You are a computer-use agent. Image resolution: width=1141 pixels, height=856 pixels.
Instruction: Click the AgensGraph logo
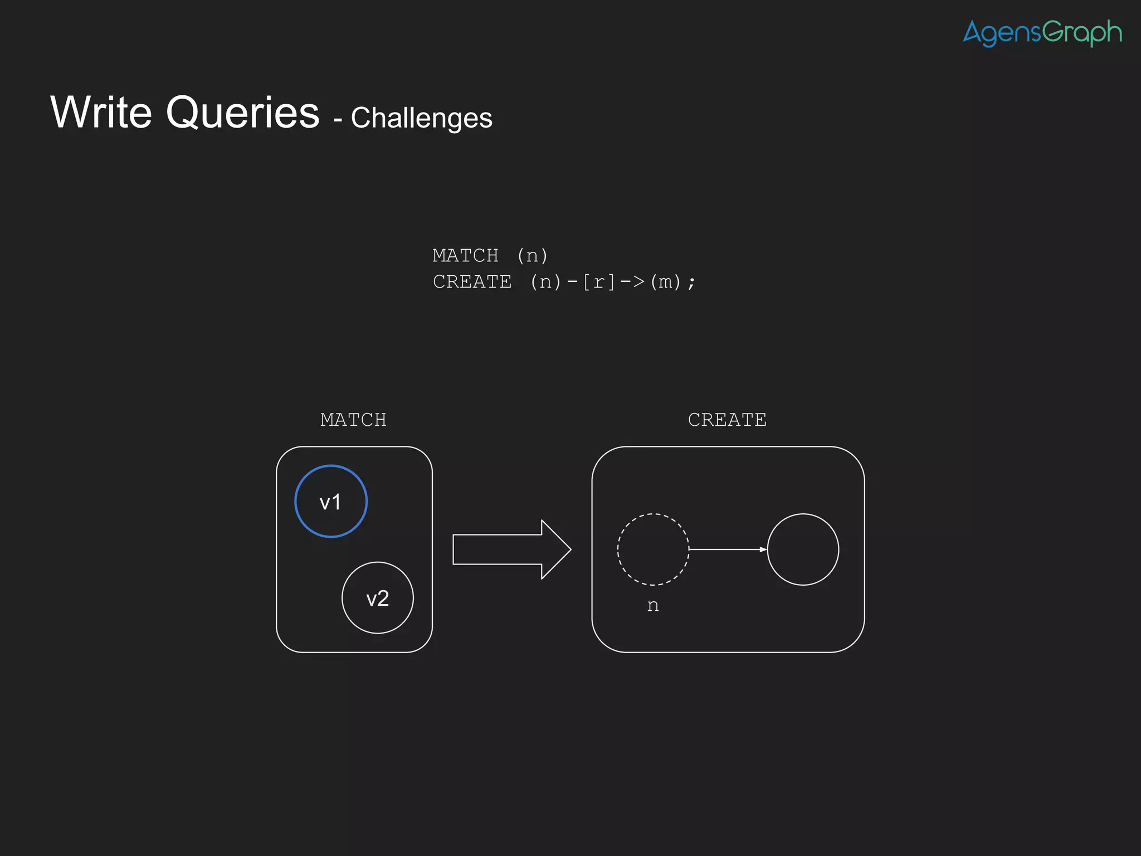coord(1042,32)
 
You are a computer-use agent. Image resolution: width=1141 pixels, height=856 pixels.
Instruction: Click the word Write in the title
coord(101,113)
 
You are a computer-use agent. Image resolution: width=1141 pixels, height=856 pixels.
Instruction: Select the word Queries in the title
coord(243,114)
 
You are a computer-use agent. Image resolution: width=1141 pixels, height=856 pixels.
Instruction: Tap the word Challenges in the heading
coord(421,118)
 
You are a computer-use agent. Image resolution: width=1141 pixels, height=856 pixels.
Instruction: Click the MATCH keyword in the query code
coord(465,256)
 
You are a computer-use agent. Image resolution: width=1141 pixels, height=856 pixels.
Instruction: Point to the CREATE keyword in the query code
coord(472,282)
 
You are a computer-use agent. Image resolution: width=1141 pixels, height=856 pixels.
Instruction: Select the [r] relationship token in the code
coord(599,282)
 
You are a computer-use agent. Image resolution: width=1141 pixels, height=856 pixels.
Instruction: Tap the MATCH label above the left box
coord(353,420)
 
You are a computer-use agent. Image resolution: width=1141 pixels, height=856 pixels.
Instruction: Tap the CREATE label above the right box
coord(727,420)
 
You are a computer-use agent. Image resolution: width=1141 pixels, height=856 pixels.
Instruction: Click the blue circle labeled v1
coord(331,501)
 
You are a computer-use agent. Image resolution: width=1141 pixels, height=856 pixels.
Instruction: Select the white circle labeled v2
coord(378,598)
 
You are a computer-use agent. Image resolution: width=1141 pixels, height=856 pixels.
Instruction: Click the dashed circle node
coord(653,549)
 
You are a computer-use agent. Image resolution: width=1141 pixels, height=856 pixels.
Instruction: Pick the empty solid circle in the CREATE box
coord(803,549)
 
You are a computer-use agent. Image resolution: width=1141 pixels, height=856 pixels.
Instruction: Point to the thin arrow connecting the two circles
coord(728,549)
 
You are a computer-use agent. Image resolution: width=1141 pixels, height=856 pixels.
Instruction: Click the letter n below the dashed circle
coord(653,606)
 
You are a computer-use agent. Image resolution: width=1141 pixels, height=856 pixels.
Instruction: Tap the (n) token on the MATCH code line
coord(533,256)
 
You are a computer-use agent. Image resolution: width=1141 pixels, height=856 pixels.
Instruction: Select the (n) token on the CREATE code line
coord(545,282)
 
